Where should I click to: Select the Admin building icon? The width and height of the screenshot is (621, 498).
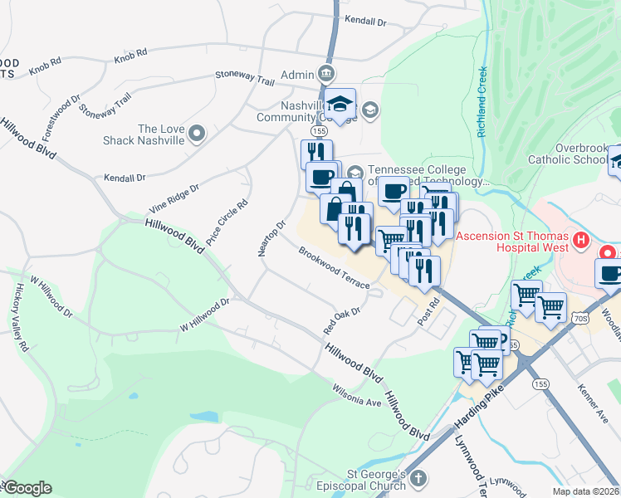click(326, 75)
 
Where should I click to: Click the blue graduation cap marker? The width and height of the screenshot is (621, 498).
click(340, 104)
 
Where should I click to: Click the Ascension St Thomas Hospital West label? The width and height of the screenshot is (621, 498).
click(516, 241)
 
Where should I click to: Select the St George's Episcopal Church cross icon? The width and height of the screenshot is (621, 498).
click(419, 478)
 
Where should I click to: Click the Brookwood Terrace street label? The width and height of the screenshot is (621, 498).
click(334, 268)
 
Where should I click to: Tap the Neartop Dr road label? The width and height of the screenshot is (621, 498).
click(271, 237)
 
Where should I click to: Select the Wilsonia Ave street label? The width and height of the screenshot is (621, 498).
click(356, 395)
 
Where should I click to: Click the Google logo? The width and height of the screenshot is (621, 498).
click(27, 488)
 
